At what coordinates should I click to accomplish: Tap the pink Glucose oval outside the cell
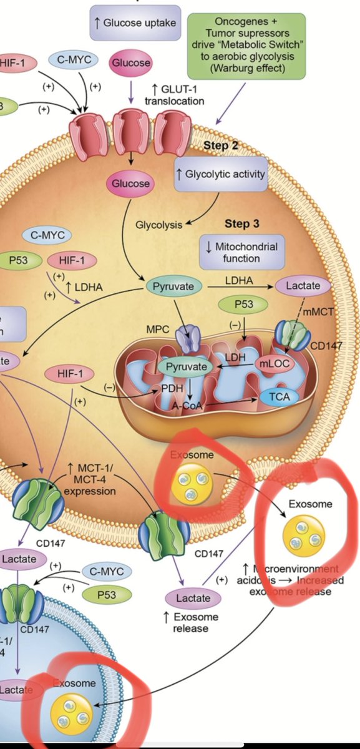click(130, 63)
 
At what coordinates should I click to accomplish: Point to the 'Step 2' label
click(221, 145)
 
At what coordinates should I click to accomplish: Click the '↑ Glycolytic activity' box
click(221, 175)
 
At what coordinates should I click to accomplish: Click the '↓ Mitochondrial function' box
click(240, 252)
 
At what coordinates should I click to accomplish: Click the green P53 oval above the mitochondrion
click(243, 305)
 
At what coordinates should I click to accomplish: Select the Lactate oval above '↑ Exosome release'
click(193, 599)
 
